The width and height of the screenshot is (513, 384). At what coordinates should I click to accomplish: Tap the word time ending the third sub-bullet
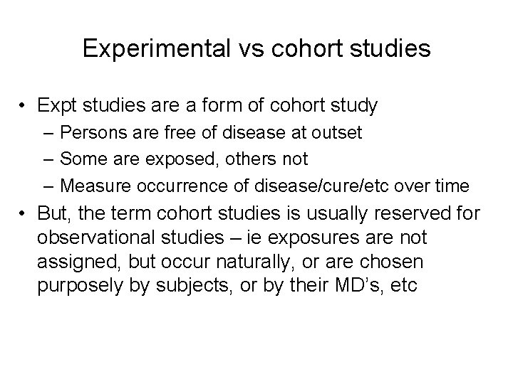(x=452, y=186)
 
